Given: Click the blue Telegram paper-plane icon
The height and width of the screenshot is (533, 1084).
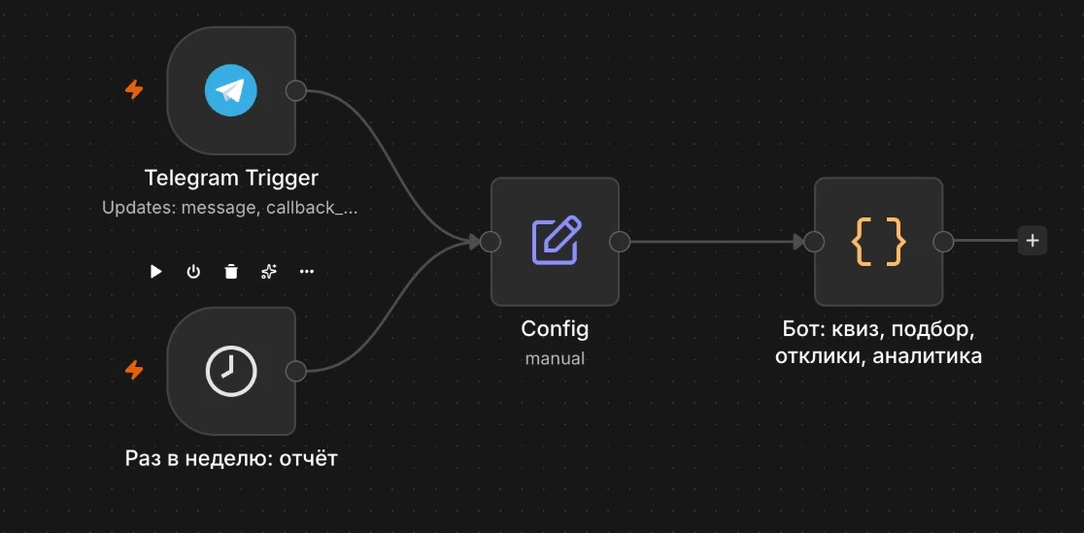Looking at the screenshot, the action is [x=231, y=90].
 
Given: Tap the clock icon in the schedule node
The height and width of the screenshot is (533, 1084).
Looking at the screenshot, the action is [x=231, y=371].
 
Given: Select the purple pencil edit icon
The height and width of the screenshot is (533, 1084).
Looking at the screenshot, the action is [x=556, y=241].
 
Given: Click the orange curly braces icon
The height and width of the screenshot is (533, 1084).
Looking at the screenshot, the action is [x=878, y=242].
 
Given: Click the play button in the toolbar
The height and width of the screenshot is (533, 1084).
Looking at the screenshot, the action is [x=156, y=272].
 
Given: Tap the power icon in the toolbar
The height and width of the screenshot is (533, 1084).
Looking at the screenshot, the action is [x=193, y=272].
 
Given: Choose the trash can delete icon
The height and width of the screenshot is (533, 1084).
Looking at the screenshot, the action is [x=231, y=272].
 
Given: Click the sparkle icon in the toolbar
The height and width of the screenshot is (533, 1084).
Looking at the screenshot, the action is [x=269, y=272].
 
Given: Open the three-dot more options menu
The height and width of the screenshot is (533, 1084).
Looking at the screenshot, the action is [x=306, y=272].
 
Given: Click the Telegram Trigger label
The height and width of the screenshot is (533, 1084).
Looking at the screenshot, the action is [x=231, y=179].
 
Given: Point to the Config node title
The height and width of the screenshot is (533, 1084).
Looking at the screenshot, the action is [x=555, y=328].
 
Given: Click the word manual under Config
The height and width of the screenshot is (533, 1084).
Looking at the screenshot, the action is [x=555, y=359].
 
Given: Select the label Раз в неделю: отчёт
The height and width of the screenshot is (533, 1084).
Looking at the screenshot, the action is [x=231, y=458].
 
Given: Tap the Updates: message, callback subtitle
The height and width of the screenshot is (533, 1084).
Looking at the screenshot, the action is [x=230, y=208].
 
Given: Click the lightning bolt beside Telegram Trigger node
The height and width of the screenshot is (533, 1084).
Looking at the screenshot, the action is [x=134, y=90].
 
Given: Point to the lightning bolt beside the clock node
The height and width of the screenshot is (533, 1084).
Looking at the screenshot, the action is [x=134, y=371].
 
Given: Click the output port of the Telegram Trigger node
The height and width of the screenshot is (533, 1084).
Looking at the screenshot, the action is [x=296, y=90].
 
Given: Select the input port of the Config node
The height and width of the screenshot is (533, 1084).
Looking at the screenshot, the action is [x=491, y=242].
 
